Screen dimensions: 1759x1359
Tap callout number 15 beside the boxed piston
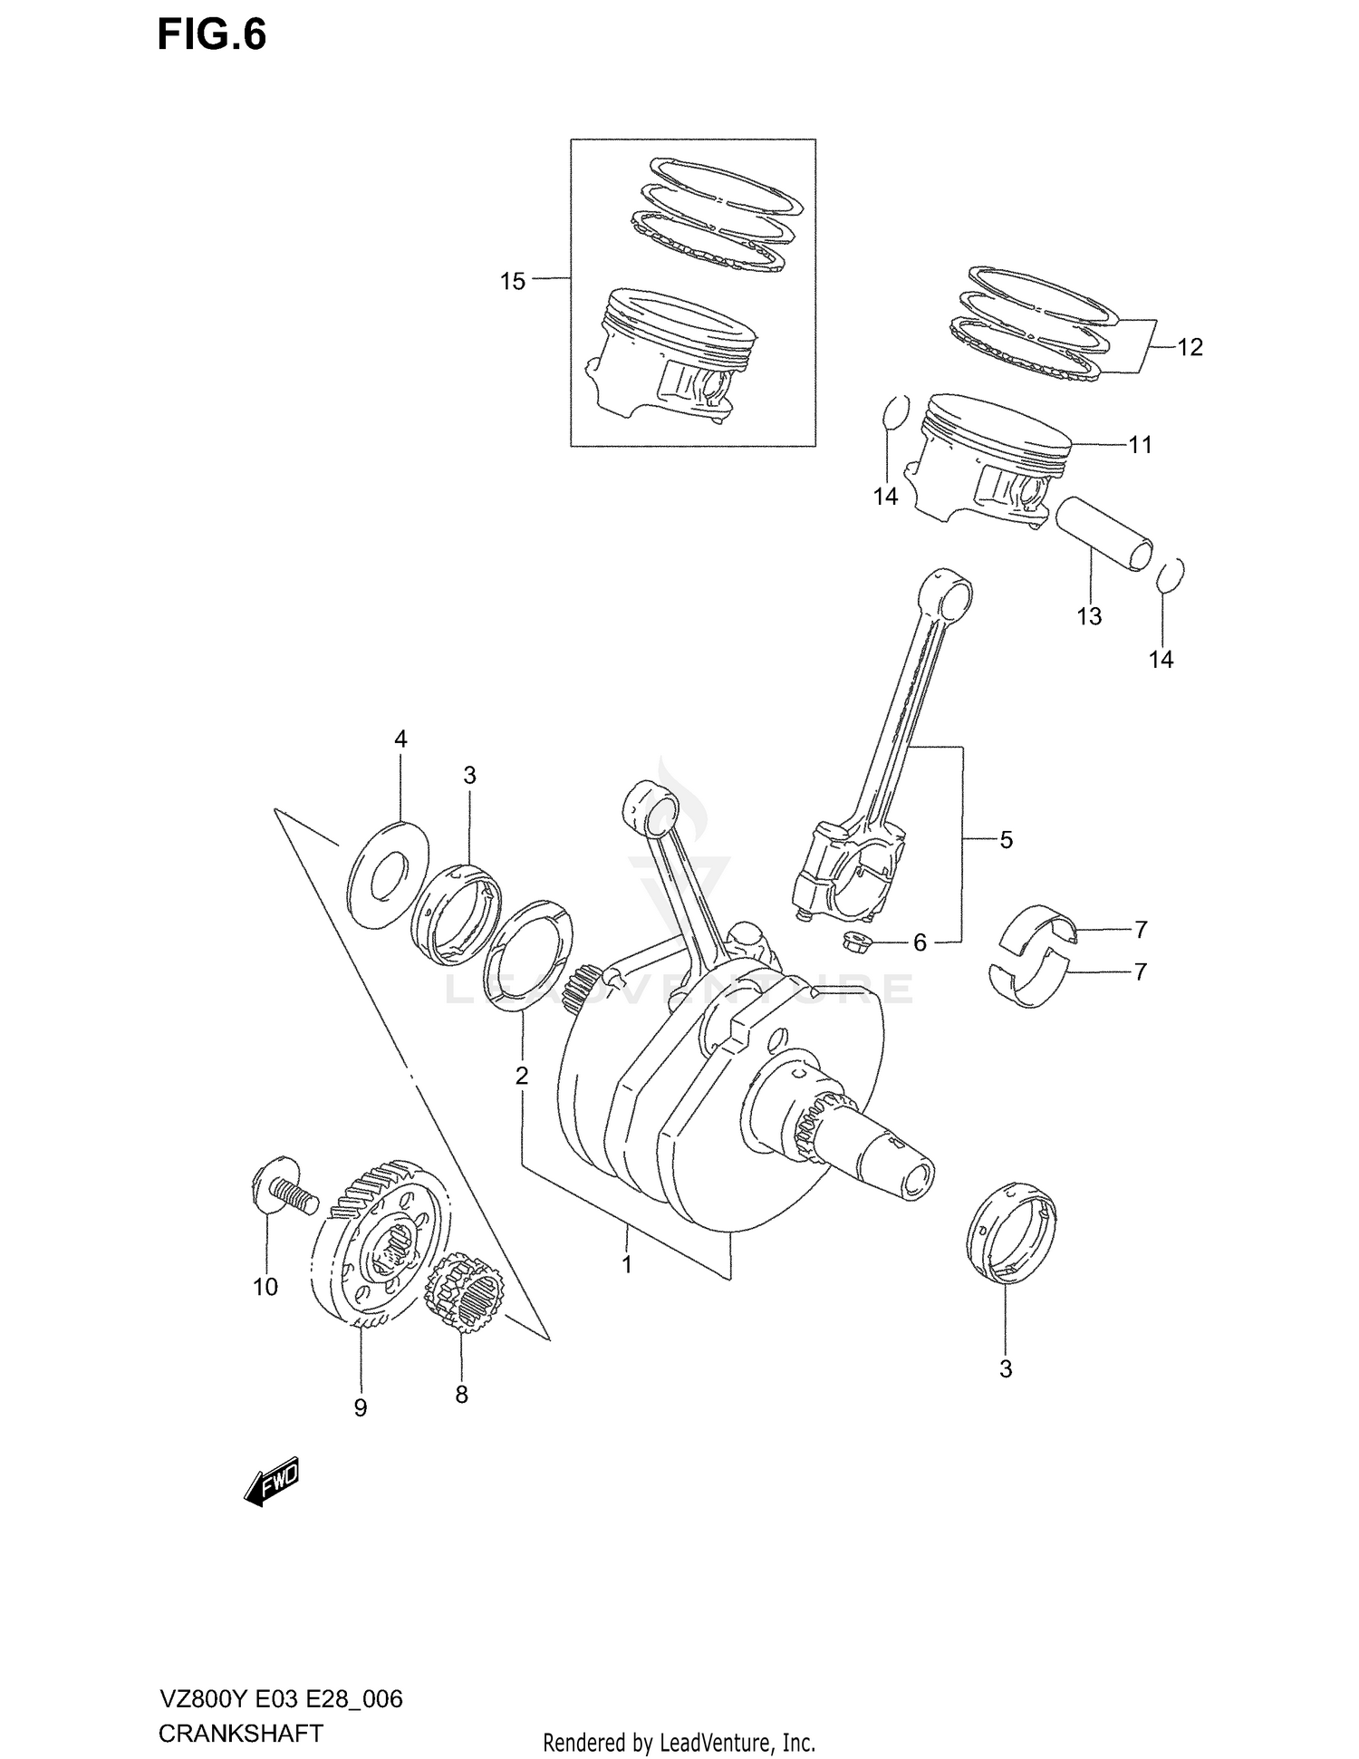click(513, 282)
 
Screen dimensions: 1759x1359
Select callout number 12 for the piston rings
click(1190, 347)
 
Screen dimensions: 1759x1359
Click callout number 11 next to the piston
click(1140, 445)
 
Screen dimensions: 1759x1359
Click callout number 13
click(1089, 616)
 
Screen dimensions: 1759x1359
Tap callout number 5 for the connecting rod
click(1007, 840)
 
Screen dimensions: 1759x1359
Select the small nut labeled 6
click(854, 942)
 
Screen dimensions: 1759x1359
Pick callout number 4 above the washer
click(400, 739)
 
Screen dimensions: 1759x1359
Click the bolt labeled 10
click(281, 1189)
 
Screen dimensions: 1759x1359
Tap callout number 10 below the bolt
click(265, 1287)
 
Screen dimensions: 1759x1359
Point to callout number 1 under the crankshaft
click(627, 1263)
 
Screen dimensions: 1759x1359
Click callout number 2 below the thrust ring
click(522, 1076)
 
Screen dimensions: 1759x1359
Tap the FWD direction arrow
click(272, 1483)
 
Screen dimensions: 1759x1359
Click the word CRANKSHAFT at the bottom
click(240, 1734)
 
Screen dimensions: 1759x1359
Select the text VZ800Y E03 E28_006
click(280, 1698)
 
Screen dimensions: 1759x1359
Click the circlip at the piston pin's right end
click(1171, 575)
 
